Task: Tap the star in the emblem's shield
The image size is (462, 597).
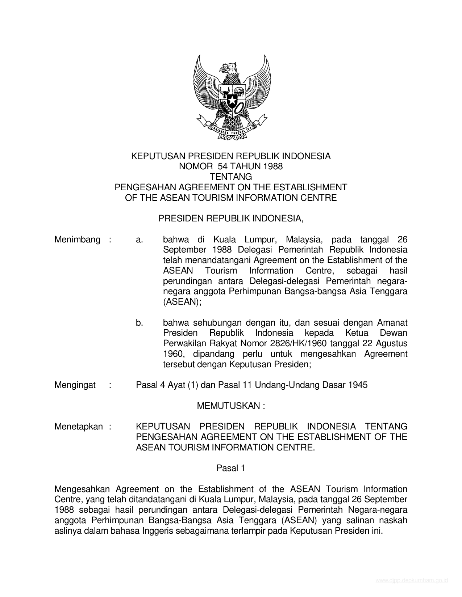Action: [232, 99]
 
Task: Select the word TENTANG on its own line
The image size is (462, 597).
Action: [231, 177]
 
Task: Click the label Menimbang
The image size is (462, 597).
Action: [77, 240]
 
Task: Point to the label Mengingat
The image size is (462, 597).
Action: [75, 385]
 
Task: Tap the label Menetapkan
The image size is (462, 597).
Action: [79, 427]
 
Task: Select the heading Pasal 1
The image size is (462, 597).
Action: [231, 468]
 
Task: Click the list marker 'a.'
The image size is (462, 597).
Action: [140, 240]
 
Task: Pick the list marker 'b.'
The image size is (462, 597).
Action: [140, 323]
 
